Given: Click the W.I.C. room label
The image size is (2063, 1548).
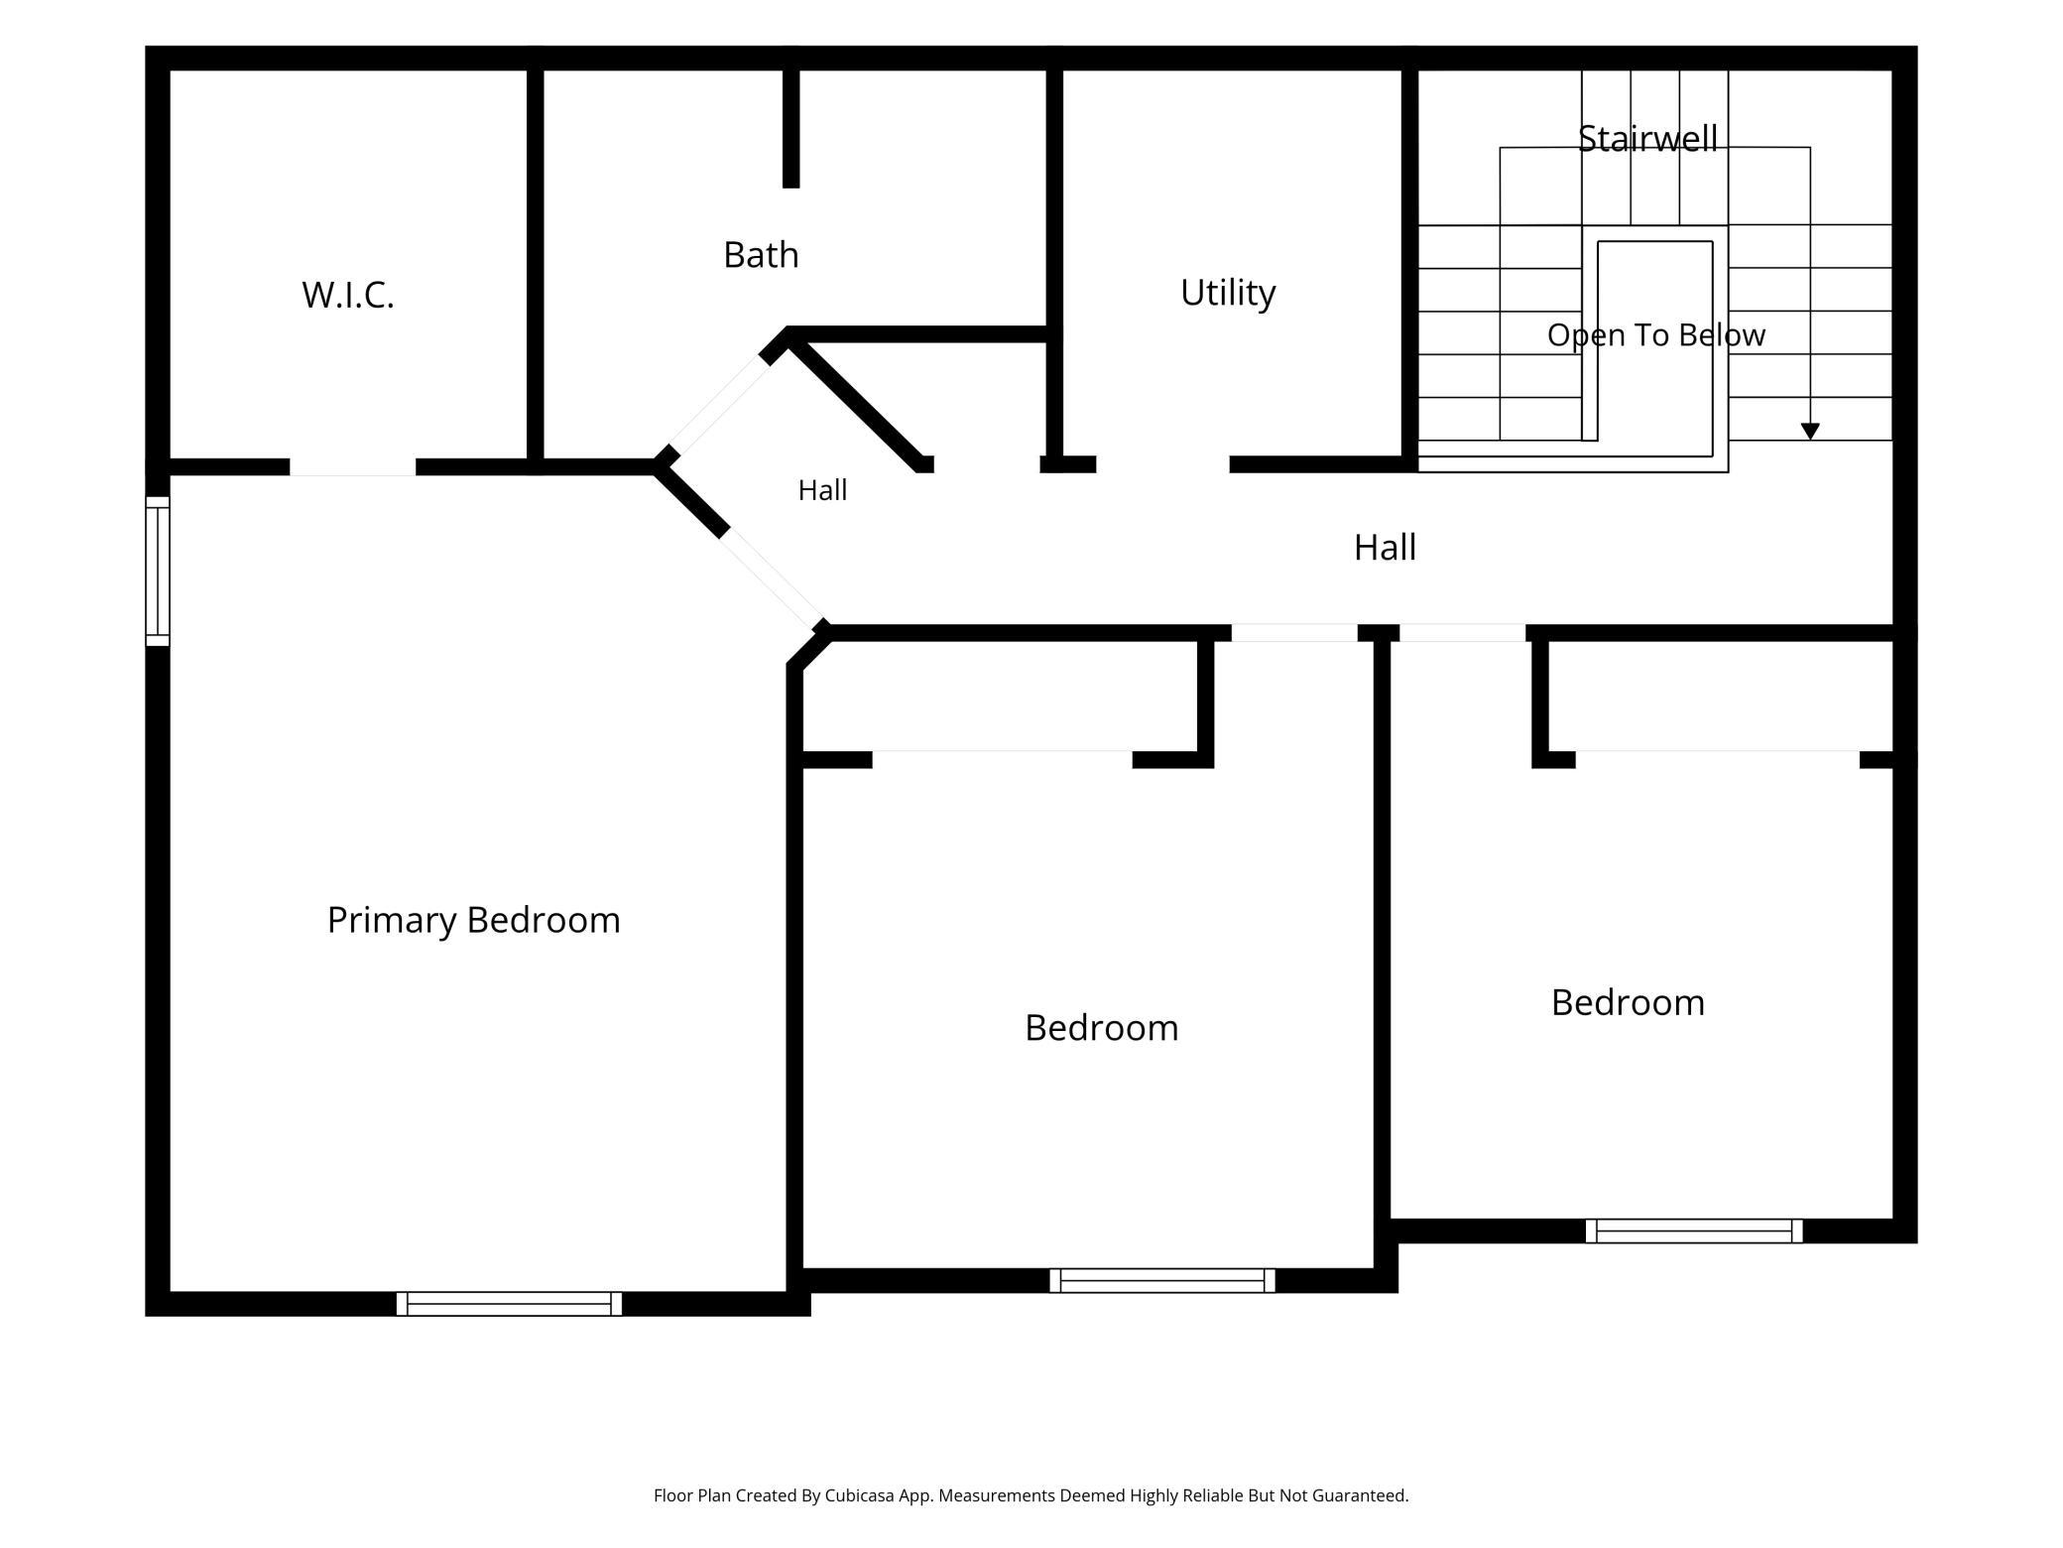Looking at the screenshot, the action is pyautogui.click(x=348, y=295).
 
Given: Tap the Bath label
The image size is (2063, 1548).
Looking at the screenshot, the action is pyautogui.click(x=761, y=255).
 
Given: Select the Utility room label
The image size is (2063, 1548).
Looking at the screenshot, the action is pyautogui.click(x=1228, y=293).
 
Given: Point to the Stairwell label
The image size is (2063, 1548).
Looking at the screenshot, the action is pyautogui.click(x=1647, y=139).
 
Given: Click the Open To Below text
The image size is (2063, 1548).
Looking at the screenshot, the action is pyautogui.click(x=1656, y=335).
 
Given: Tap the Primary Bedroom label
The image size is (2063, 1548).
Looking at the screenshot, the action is pyautogui.click(x=474, y=921).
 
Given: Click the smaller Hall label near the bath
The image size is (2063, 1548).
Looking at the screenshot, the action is pyautogui.click(x=822, y=490).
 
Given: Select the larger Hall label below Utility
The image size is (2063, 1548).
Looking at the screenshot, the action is pyautogui.click(x=1385, y=547).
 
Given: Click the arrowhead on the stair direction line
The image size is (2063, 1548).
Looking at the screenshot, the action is pyautogui.click(x=1810, y=432).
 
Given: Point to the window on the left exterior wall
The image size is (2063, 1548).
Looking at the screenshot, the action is pyautogui.click(x=158, y=572).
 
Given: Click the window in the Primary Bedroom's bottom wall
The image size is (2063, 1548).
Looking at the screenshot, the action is pyautogui.click(x=509, y=1304).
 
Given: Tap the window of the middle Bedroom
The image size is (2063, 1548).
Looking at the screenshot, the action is pyautogui.click(x=1162, y=1281).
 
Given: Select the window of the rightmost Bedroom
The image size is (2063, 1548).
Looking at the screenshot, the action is pyautogui.click(x=1694, y=1231).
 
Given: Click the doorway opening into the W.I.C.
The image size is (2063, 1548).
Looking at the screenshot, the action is pyautogui.click(x=352, y=467).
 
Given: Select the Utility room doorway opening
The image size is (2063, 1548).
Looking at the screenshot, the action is pyautogui.click(x=1162, y=464).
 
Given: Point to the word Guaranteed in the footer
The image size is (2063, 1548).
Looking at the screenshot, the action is pyautogui.click(x=1360, y=1495).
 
